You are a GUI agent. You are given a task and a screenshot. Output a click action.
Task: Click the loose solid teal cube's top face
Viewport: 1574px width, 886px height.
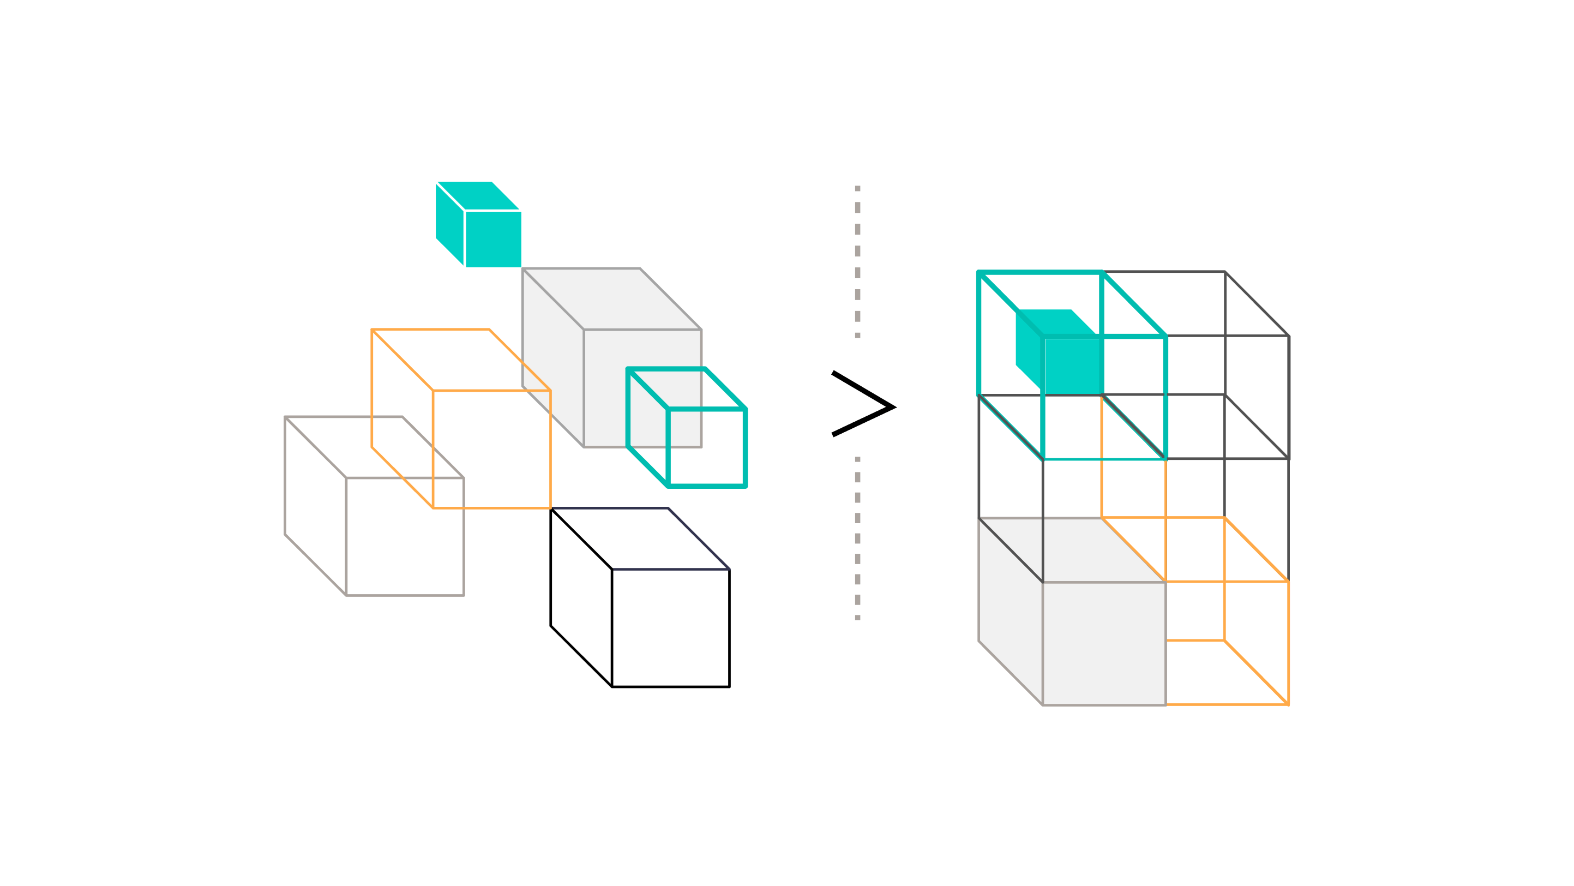478,195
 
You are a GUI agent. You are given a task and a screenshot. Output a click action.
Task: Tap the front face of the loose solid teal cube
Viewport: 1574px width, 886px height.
493,239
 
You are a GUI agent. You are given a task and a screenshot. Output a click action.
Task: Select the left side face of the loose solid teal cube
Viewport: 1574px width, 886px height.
450,224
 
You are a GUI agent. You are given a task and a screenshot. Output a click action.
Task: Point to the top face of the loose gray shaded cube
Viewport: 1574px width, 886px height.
611,299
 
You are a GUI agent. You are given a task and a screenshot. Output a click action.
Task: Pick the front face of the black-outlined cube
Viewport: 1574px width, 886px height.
670,627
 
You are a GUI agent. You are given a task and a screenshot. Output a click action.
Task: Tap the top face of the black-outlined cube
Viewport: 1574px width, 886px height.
640,538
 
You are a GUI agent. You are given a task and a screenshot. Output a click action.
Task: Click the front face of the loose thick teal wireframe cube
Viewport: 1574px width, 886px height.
706,447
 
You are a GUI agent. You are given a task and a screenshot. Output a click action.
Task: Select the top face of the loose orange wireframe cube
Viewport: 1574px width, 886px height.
461,360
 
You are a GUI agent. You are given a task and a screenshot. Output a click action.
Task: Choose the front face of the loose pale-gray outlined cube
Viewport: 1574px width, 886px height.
405,536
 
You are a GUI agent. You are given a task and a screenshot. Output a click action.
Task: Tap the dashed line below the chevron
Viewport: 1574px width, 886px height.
857,538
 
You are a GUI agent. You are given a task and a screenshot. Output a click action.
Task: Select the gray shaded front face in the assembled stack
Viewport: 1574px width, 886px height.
1103,643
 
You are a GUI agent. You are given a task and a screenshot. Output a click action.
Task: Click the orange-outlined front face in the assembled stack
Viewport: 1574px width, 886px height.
1227,643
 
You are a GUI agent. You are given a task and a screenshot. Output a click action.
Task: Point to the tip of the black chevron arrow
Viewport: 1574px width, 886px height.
893,407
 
